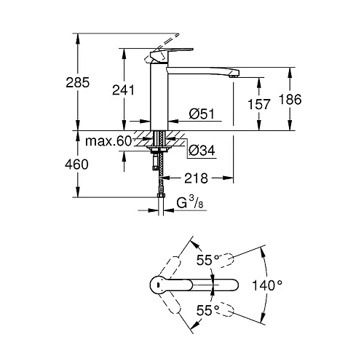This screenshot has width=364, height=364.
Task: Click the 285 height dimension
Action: coord(78,82)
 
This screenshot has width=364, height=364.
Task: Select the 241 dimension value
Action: coord(123,90)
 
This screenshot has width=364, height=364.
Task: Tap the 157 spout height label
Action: coord(258,104)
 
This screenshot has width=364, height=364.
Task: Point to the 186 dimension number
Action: coord(290,99)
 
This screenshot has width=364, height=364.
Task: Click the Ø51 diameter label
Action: coord(202,114)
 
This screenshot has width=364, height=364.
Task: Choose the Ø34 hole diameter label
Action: coord(202,151)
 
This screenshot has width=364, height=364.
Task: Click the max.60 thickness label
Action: coord(108,141)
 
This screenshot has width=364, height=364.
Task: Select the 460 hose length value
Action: coord(76,165)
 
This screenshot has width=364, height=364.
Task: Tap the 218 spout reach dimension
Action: coord(196,178)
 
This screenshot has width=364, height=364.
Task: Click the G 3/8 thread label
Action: coord(190,202)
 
